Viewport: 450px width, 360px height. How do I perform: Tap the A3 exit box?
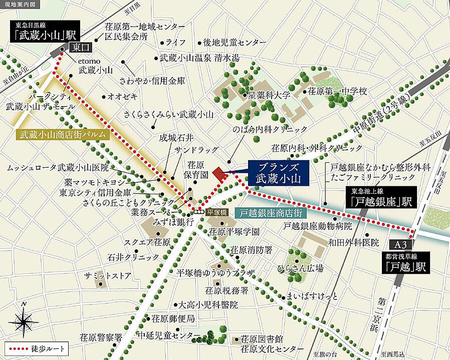399,245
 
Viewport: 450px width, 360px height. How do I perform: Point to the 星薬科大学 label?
270,94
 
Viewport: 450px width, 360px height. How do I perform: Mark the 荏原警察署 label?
101,337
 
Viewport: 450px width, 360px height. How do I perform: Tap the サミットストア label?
107,275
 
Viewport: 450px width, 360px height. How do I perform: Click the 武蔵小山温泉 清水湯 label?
199,58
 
